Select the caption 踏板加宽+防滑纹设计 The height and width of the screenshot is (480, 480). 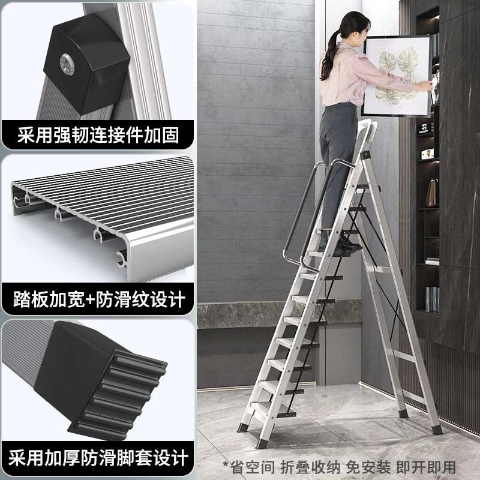pyautogui.click(x=97, y=298)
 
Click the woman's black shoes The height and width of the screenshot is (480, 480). pyautogui.click(x=344, y=243)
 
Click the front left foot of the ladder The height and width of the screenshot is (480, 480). pyautogui.click(x=262, y=443)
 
